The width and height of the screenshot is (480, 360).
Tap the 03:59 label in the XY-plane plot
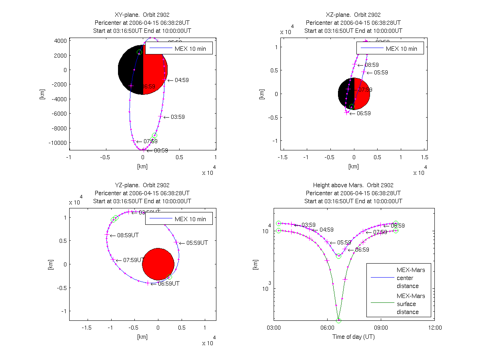178,117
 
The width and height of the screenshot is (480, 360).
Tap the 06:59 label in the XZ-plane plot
364,113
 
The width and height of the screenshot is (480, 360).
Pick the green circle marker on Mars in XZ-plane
352,107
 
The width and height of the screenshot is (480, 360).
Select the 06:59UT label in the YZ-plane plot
168,283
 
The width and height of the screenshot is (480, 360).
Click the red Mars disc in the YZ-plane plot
158,264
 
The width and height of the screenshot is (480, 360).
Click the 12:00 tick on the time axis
434,327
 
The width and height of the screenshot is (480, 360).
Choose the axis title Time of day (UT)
354,337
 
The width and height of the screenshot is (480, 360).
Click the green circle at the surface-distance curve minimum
338,320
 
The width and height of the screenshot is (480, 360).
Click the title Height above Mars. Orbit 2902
353,185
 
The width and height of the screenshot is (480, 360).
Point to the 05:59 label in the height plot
344,242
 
